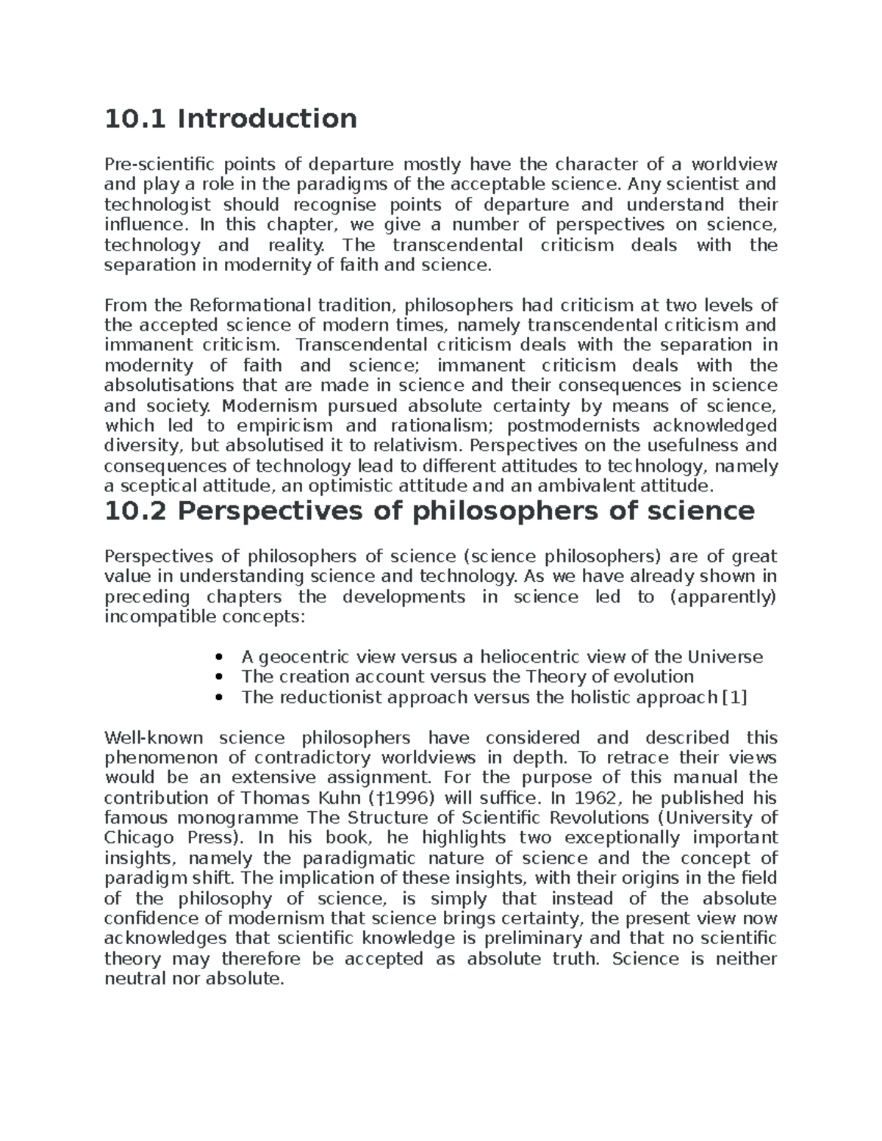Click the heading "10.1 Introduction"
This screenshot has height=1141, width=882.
click(231, 118)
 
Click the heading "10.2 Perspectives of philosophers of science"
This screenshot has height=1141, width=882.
click(430, 511)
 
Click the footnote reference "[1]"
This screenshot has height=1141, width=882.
click(734, 697)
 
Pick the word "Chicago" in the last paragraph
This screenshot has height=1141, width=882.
click(140, 838)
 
